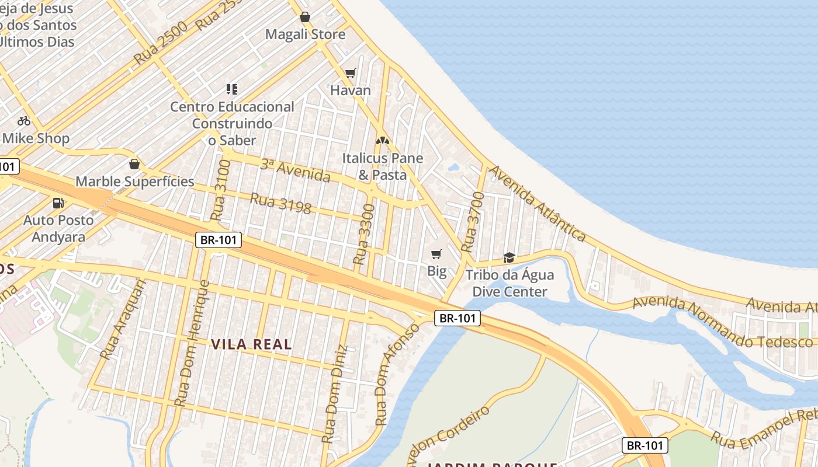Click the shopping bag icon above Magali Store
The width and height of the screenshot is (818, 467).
[304, 17]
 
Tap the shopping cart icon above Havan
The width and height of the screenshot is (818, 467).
[350, 73]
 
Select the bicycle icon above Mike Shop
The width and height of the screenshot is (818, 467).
[24, 121]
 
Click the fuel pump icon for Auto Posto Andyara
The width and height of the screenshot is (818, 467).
[58, 203]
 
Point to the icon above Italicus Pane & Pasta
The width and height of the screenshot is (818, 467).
[382, 141]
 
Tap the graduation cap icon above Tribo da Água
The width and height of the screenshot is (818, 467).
[509, 257]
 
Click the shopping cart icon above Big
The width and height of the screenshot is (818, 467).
[436, 254]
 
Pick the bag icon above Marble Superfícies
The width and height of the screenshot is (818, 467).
[134, 164]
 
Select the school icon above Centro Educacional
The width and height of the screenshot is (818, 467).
[232, 89]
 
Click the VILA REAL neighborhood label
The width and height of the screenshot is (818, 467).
[251, 344]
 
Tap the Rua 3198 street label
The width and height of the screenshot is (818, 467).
[280, 203]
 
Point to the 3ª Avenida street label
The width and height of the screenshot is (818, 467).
[295, 170]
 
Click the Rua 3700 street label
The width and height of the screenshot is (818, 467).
[473, 222]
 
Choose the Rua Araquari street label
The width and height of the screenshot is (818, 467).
[123, 319]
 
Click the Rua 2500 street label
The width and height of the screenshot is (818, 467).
[160, 43]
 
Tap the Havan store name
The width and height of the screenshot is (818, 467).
[351, 90]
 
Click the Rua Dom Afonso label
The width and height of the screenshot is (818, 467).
[397, 373]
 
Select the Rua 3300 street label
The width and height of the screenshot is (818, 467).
[364, 233]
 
